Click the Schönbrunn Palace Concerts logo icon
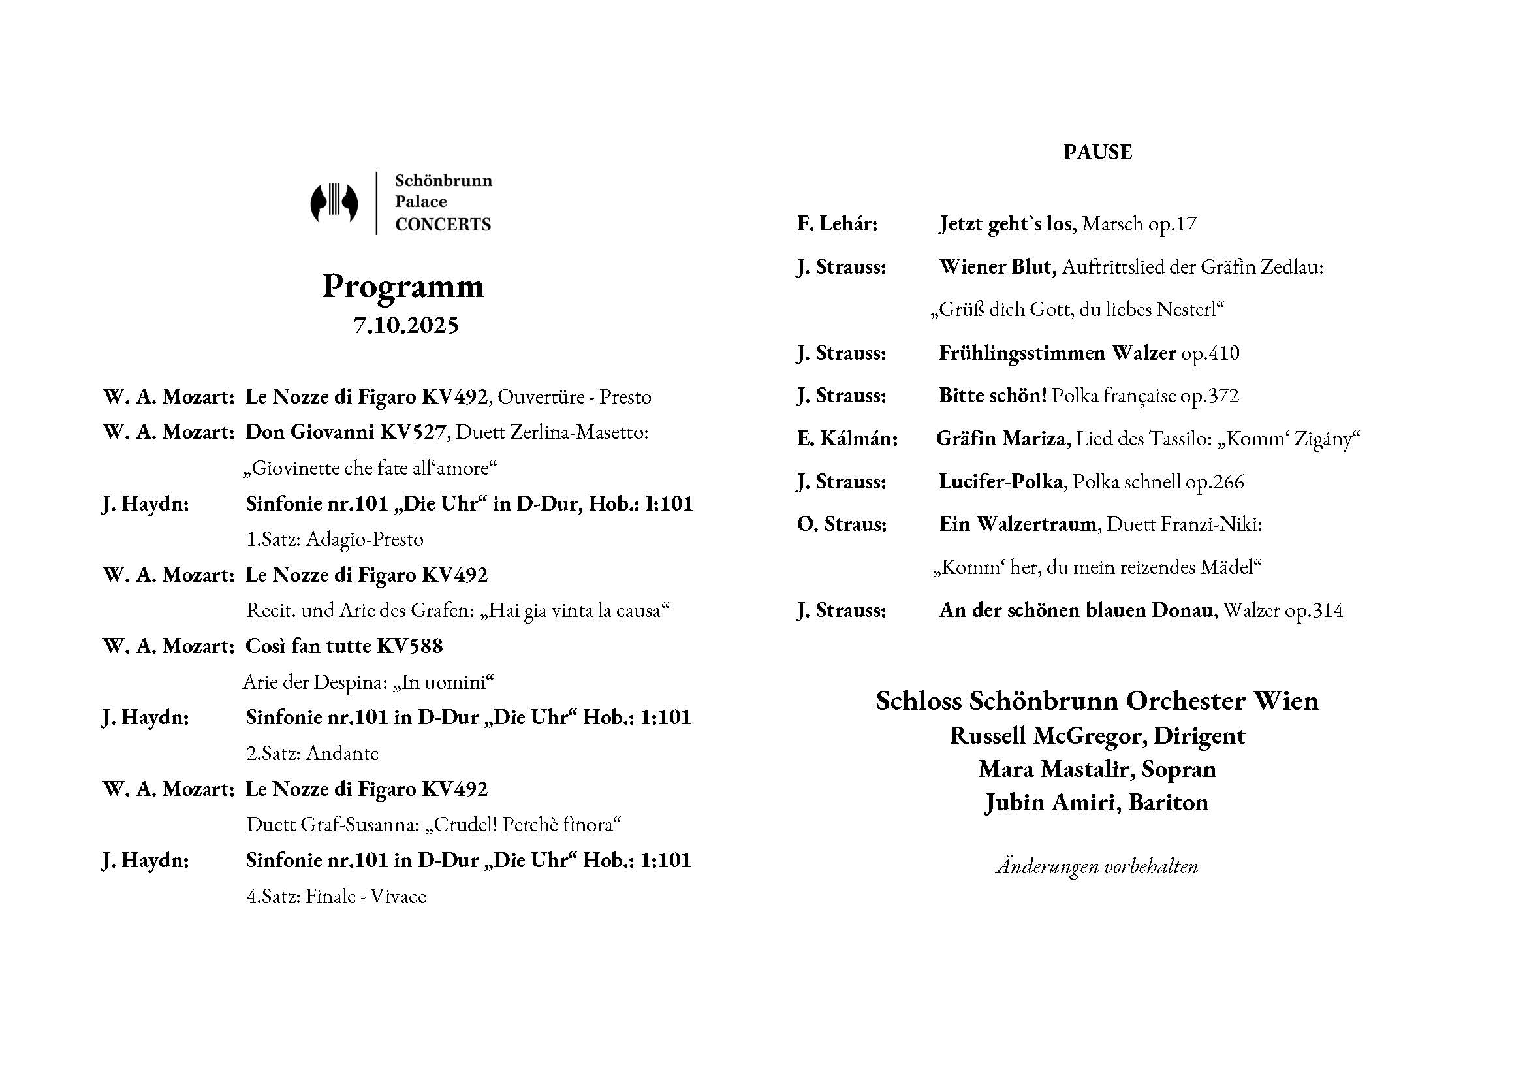pyautogui.click(x=334, y=203)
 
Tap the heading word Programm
pyautogui.click(x=403, y=286)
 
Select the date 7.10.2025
pyautogui.click(x=405, y=325)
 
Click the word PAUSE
pyautogui.click(x=1097, y=152)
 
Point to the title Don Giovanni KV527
pyautogui.click(x=345, y=432)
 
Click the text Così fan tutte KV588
pyautogui.click(x=344, y=646)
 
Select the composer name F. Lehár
pyautogui.click(x=838, y=224)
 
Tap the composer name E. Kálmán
pyautogui.click(x=847, y=439)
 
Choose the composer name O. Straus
pyautogui.click(x=842, y=525)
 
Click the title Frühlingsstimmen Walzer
pyautogui.click(x=1058, y=353)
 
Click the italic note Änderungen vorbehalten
pyautogui.click(x=1097, y=866)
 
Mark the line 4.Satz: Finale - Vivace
pyautogui.click(x=336, y=897)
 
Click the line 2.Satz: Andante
pyautogui.click(x=312, y=754)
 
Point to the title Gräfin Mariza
pyautogui.click(x=1003, y=439)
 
